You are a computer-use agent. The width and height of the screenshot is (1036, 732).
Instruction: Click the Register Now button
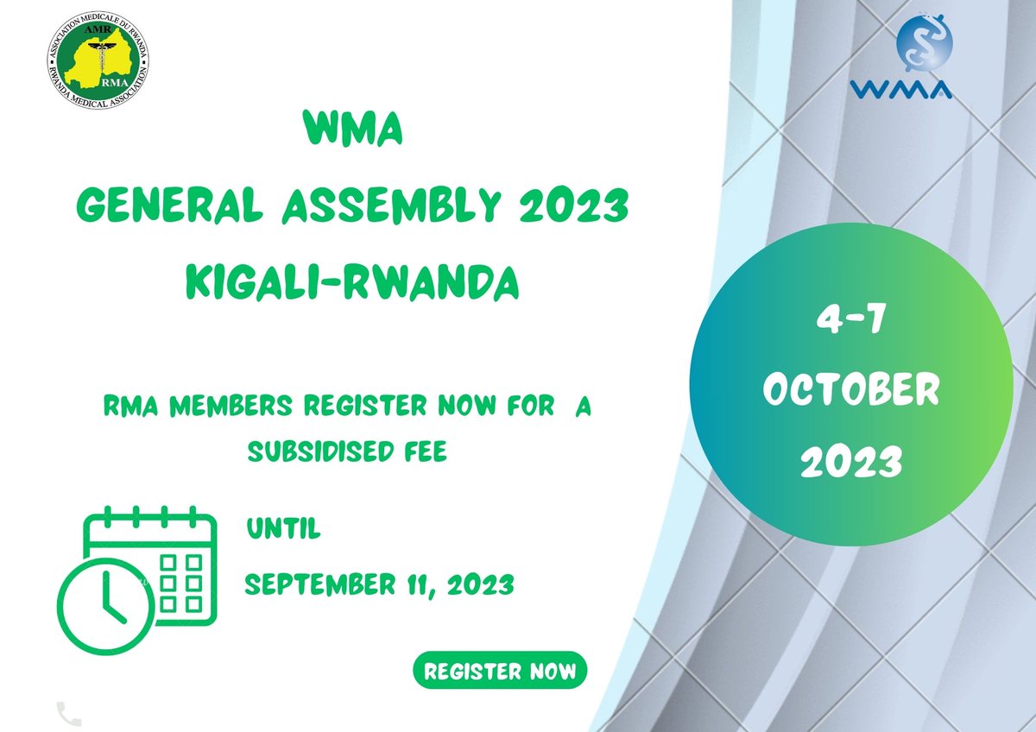pos(500,672)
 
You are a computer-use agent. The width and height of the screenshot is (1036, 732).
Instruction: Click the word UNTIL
pos(283,529)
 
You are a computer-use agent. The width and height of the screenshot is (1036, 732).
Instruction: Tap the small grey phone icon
pos(68,714)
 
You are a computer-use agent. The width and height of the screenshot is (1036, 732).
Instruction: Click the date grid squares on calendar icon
pos(181,580)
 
